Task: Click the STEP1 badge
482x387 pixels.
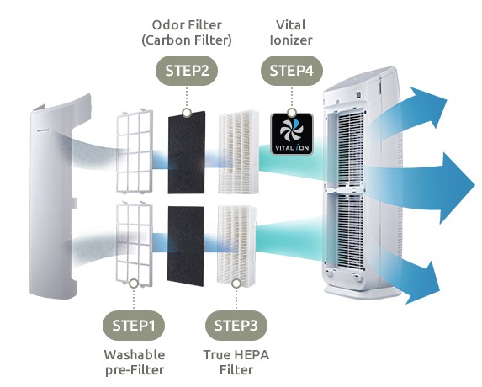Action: click(134, 326)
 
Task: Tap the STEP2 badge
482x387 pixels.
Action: click(187, 71)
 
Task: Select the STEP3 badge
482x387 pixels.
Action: click(236, 326)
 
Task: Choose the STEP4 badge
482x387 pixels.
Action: click(292, 71)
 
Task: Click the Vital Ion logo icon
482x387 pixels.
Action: click(292, 134)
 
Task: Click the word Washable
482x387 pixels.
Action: click(135, 355)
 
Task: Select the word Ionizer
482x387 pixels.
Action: click(291, 40)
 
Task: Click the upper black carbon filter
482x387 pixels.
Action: click(186, 152)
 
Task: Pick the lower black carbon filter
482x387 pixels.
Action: click(185, 246)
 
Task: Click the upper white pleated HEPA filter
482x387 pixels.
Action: click(238, 151)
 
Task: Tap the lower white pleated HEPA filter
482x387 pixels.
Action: click(236, 246)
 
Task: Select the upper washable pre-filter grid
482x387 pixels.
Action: click(135, 151)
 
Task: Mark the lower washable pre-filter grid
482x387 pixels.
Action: click(134, 244)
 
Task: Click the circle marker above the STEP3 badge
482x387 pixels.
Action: click(236, 284)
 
